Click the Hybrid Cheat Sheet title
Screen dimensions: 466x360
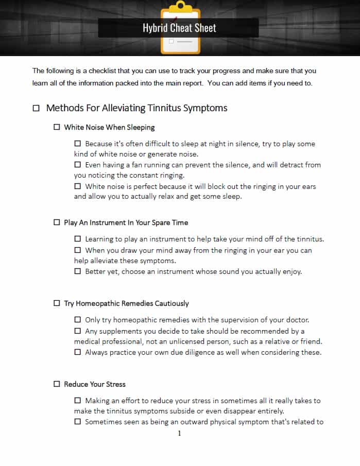(179, 28)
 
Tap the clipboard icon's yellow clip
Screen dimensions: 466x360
(180, 6)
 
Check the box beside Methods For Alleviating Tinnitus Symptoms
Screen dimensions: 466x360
(36, 108)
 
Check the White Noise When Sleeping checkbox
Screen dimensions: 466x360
(57, 127)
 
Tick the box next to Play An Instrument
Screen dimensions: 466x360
(57, 222)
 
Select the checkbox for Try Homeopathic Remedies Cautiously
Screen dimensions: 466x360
(57, 303)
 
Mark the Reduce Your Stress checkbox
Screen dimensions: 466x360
(57, 384)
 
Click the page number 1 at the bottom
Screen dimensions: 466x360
(179, 434)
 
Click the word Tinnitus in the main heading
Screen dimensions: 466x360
(165, 108)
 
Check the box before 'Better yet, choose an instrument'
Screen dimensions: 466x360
(78, 271)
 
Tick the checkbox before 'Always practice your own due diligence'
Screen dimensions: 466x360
(78, 352)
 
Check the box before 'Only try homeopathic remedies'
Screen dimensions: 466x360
(78, 320)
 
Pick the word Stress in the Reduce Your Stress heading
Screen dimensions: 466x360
(115, 384)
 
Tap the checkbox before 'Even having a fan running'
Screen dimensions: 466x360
(78, 165)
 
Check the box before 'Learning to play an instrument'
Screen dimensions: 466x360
(78, 239)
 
